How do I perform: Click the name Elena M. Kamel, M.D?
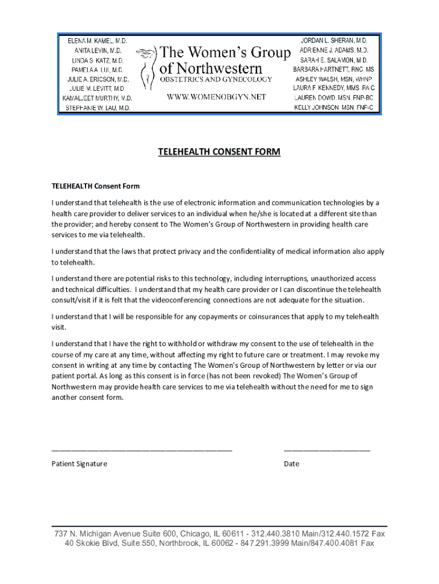pyautogui.click(x=97, y=42)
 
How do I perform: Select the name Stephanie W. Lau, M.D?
pyautogui.click(x=97, y=108)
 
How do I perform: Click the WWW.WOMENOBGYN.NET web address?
pyautogui.click(x=216, y=97)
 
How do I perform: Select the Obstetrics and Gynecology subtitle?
pyautogui.click(x=216, y=79)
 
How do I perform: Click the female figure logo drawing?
pyautogui.click(x=149, y=68)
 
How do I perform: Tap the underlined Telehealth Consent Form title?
pyautogui.click(x=219, y=152)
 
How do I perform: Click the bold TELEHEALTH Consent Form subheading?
pyautogui.click(x=95, y=186)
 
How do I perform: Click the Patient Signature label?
pyautogui.click(x=79, y=464)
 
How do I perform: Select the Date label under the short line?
pyautogui.click(x=291, y=464)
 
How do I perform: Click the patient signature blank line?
pyautogui.click(x=142, y=450)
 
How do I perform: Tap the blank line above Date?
pyautogui.click(x=327, y=450)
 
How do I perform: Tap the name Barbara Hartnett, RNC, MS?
pyautogui.click(x=334, y=69)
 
